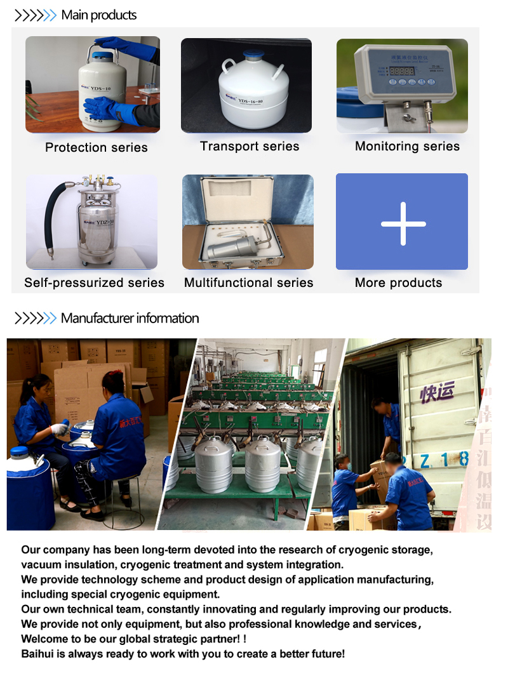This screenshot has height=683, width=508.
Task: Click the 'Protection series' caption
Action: pos(97,148)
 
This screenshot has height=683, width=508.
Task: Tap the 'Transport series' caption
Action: pos(250,147)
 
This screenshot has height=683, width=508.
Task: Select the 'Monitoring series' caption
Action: pos(407,147)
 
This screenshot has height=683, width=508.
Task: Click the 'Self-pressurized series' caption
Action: pos(94,283)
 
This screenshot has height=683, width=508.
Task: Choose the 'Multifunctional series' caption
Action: pos(248,283)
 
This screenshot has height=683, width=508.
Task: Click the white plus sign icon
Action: pos(403,223)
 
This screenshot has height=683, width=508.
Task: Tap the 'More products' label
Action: pos(398,283)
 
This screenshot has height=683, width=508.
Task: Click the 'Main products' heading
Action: pos(98,15)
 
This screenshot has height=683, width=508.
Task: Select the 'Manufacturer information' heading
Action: pos(130,319)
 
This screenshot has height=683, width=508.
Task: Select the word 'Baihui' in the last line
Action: pos(37,654)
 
